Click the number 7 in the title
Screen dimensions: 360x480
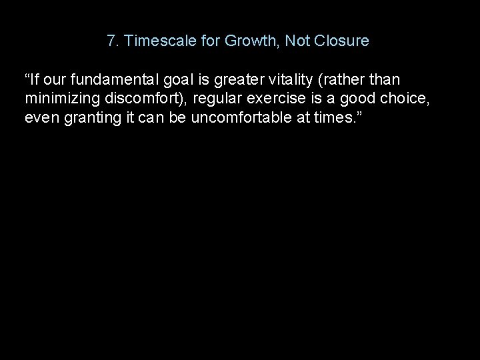(x=111, y=41)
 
